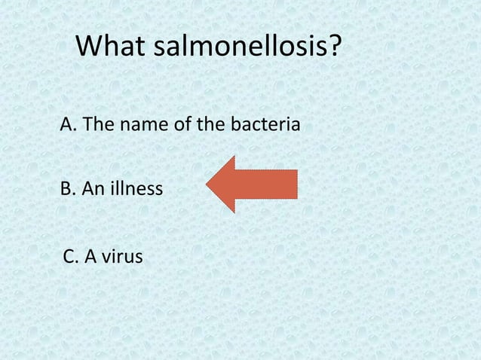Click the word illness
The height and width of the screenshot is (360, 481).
coord(136,188)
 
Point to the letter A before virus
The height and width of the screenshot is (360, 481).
coord(91,257)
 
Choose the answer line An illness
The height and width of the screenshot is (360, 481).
coord(111,188)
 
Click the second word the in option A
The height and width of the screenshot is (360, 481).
coord(208,124)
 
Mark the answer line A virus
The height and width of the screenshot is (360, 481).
coord(103,257)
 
